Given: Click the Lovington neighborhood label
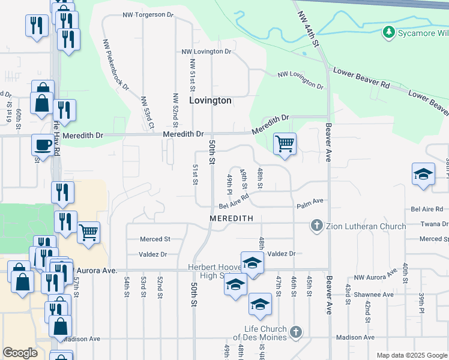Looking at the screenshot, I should click(210, 100).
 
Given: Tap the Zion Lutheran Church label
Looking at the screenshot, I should click(366, 226).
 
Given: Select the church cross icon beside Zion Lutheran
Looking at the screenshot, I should click(317, 226).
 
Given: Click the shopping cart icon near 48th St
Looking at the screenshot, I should click(285, 143).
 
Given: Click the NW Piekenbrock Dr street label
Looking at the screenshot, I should click(116, 65).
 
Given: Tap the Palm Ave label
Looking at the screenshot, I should click(310, 206).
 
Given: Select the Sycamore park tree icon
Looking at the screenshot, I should click(389, 32).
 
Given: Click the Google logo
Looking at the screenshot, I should click(20, 353).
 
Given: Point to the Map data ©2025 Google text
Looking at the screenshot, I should click(411, 355).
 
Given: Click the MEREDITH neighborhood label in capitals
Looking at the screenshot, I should click(232, 218).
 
